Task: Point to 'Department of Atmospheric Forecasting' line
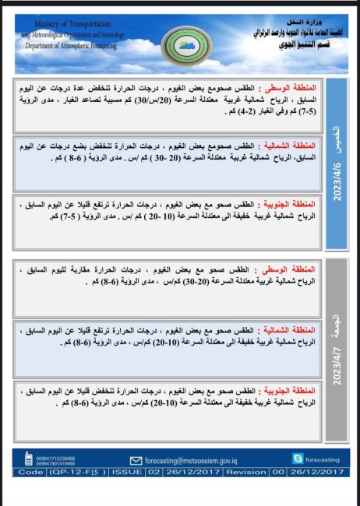pyautogui.click(x=70, y=46)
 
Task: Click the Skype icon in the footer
pyautogui.click(x=297, y=459)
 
